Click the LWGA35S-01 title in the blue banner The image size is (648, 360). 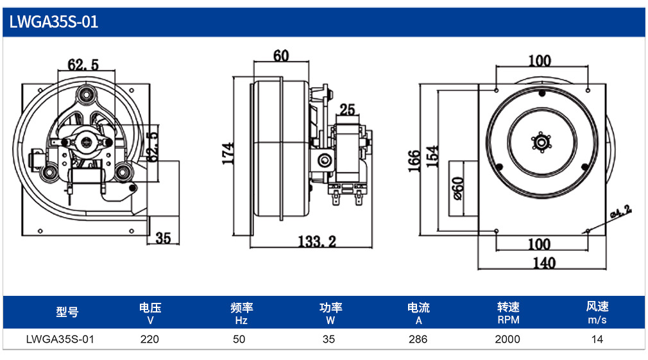pos(54,22)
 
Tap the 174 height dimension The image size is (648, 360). pos(228,153)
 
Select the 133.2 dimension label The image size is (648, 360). pos(317,241)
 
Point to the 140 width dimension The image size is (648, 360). pos(544,263)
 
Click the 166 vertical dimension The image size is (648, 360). pos(414,161)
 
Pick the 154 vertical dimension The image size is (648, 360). pos(432,156)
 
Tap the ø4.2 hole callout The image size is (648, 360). pos(620,211)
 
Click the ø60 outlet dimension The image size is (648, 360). pos(458,189)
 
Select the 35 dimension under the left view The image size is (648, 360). pos(163,238)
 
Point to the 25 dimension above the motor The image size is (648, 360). pos(347,110)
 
